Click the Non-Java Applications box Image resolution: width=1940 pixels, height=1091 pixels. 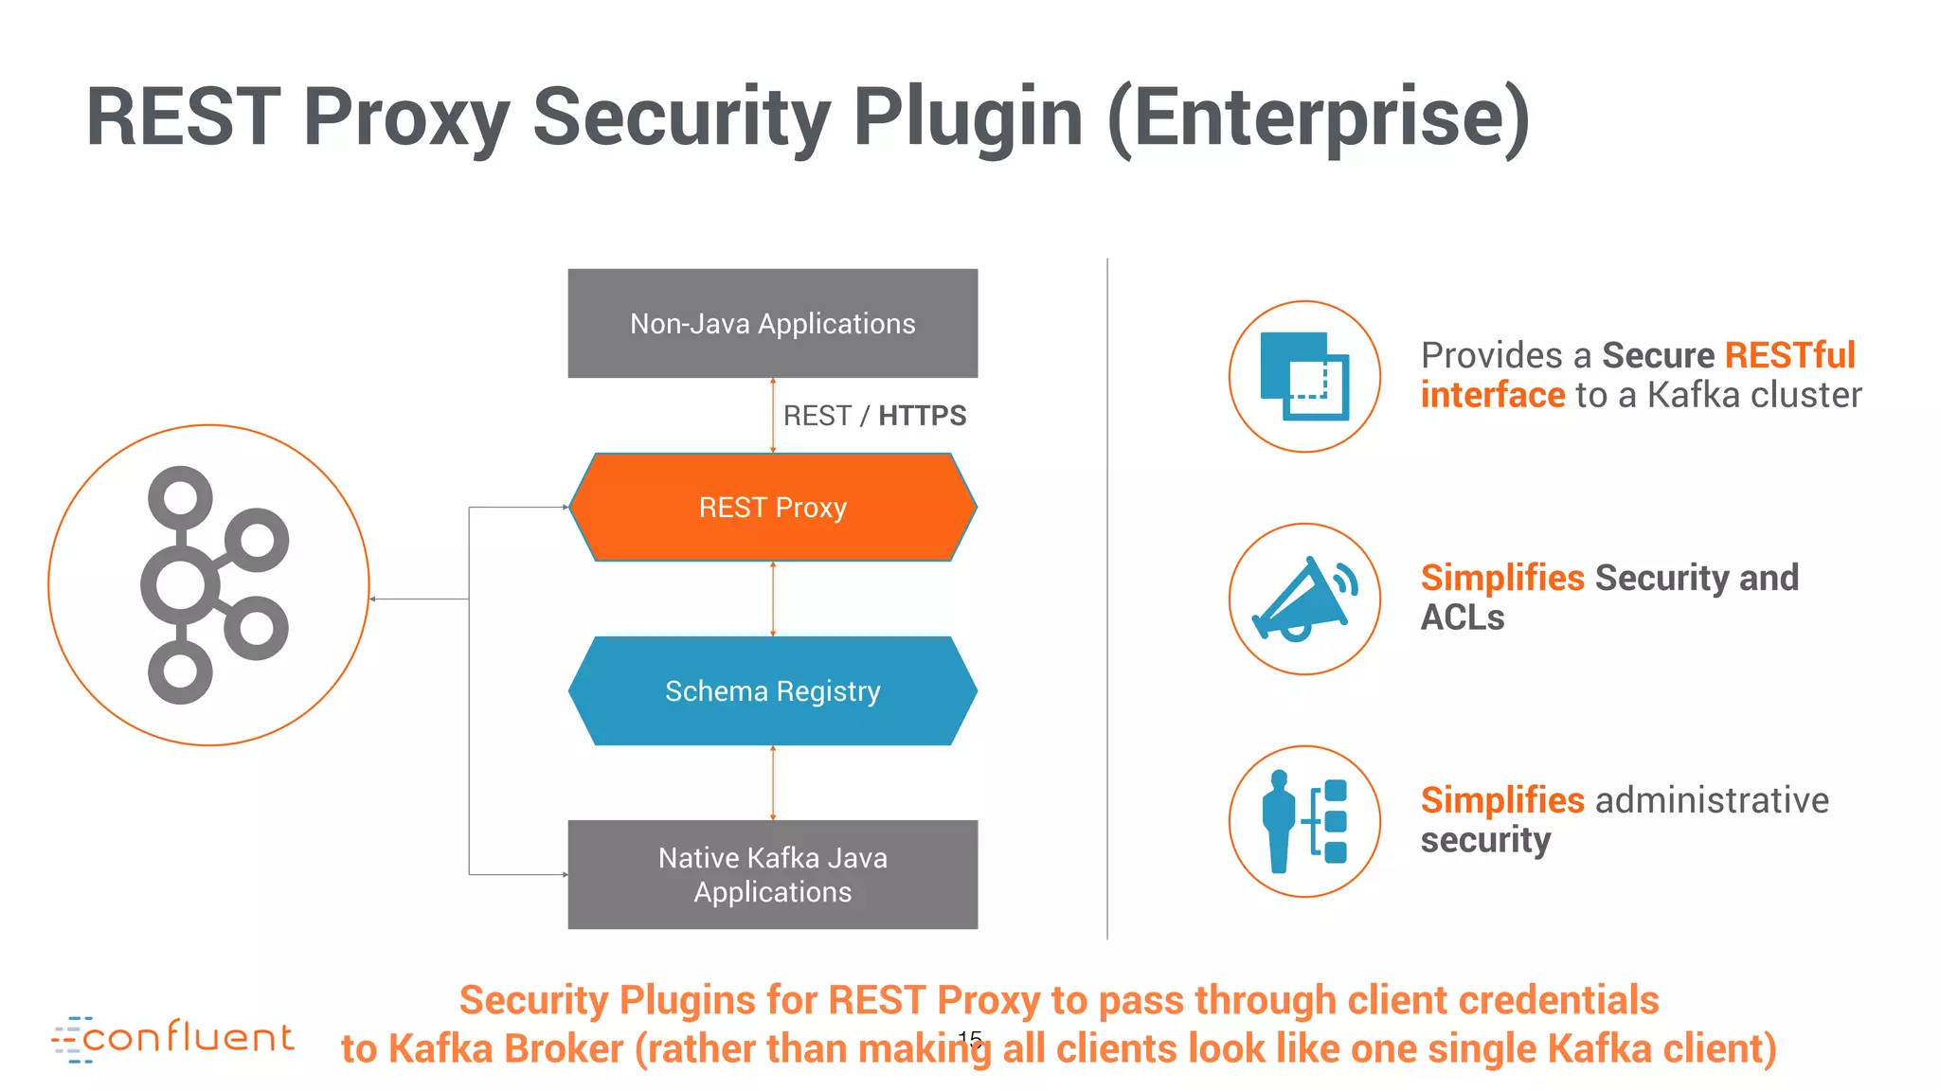coord(772,323)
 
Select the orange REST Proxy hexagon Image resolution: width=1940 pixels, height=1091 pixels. coord(772,507)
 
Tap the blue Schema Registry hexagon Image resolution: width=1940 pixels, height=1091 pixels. coord(772,690)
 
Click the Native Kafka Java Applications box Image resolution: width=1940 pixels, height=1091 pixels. coord(772,874)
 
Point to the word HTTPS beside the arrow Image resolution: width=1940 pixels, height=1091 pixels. coord(922,416)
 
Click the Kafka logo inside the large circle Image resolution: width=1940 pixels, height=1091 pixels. coord(213,584)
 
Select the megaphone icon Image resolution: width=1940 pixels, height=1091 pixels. coord(1304,599)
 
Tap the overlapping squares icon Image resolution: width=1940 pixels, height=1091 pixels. coord(1304,376)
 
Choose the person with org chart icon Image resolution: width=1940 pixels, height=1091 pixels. coord(1304,821)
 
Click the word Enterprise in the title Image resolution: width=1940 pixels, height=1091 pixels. coord(1318,117)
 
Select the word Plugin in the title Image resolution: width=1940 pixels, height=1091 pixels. coord(967,117)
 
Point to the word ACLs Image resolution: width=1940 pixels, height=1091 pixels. coord(1462,617)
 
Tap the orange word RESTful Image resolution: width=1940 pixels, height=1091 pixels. coord(1789,355)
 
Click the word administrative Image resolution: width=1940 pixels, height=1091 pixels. coord(1712,800)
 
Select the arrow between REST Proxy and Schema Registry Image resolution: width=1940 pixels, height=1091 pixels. coord(773,599)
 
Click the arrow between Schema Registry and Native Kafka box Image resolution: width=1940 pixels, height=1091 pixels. coord(773,782)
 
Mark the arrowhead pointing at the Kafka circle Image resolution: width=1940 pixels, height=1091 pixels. coord(374,599)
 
